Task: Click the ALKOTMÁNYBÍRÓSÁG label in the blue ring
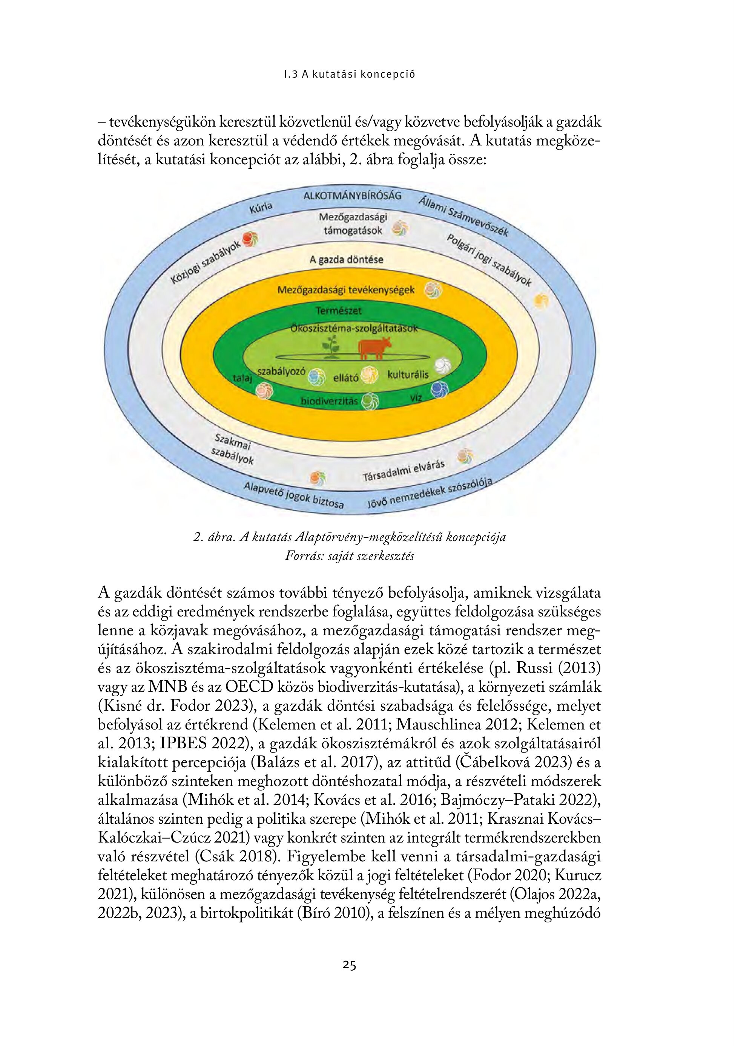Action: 353,196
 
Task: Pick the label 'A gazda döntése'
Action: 346,260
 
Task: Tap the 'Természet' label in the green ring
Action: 339,311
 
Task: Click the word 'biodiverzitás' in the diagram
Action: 329,401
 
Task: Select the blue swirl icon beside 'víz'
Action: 440,390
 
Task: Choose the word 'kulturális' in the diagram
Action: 408,375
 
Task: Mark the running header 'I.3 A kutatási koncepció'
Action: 349,75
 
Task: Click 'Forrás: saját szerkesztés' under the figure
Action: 349,556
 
